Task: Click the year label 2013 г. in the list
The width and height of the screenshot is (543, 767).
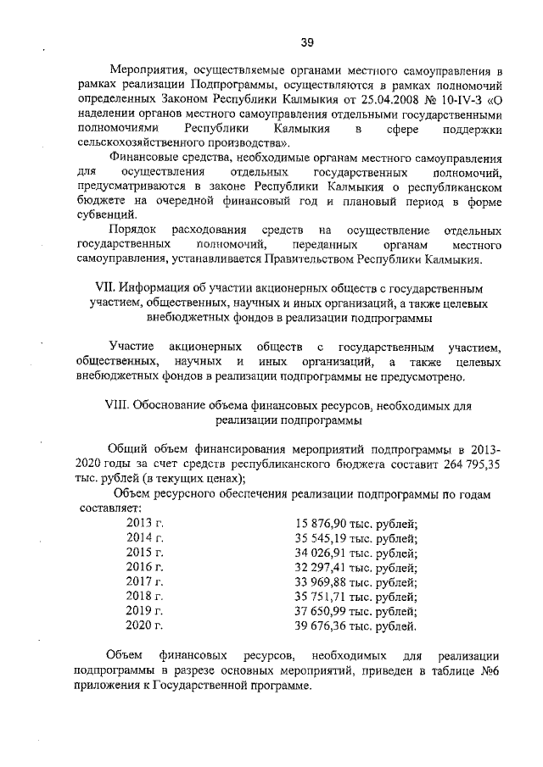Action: point(144,524)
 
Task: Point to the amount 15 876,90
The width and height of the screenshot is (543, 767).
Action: point(321,524)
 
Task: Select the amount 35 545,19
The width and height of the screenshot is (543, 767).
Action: point(321,538)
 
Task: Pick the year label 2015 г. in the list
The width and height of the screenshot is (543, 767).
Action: point(144,553)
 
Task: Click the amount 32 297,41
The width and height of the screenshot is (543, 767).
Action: point(321,567)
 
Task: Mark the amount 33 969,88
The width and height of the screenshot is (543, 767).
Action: point(321,582)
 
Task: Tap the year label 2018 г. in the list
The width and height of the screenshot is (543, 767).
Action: point(144,597)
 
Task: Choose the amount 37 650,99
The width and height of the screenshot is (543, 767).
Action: point(321,611)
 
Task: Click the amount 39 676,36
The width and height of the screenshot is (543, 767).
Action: point(321,626)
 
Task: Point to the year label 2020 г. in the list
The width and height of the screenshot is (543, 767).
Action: point(144,626)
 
